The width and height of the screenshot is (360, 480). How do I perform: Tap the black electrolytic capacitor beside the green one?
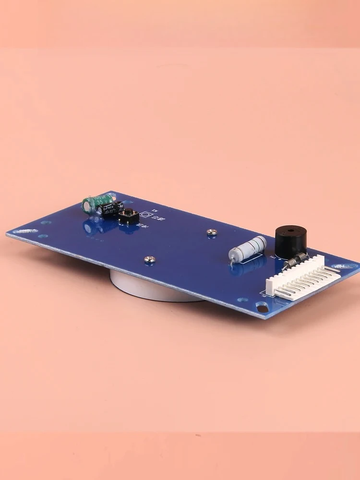pos(109,209)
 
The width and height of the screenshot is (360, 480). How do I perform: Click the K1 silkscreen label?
pos(155,210)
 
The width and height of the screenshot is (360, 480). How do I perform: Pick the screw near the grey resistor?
pos(212,232)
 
